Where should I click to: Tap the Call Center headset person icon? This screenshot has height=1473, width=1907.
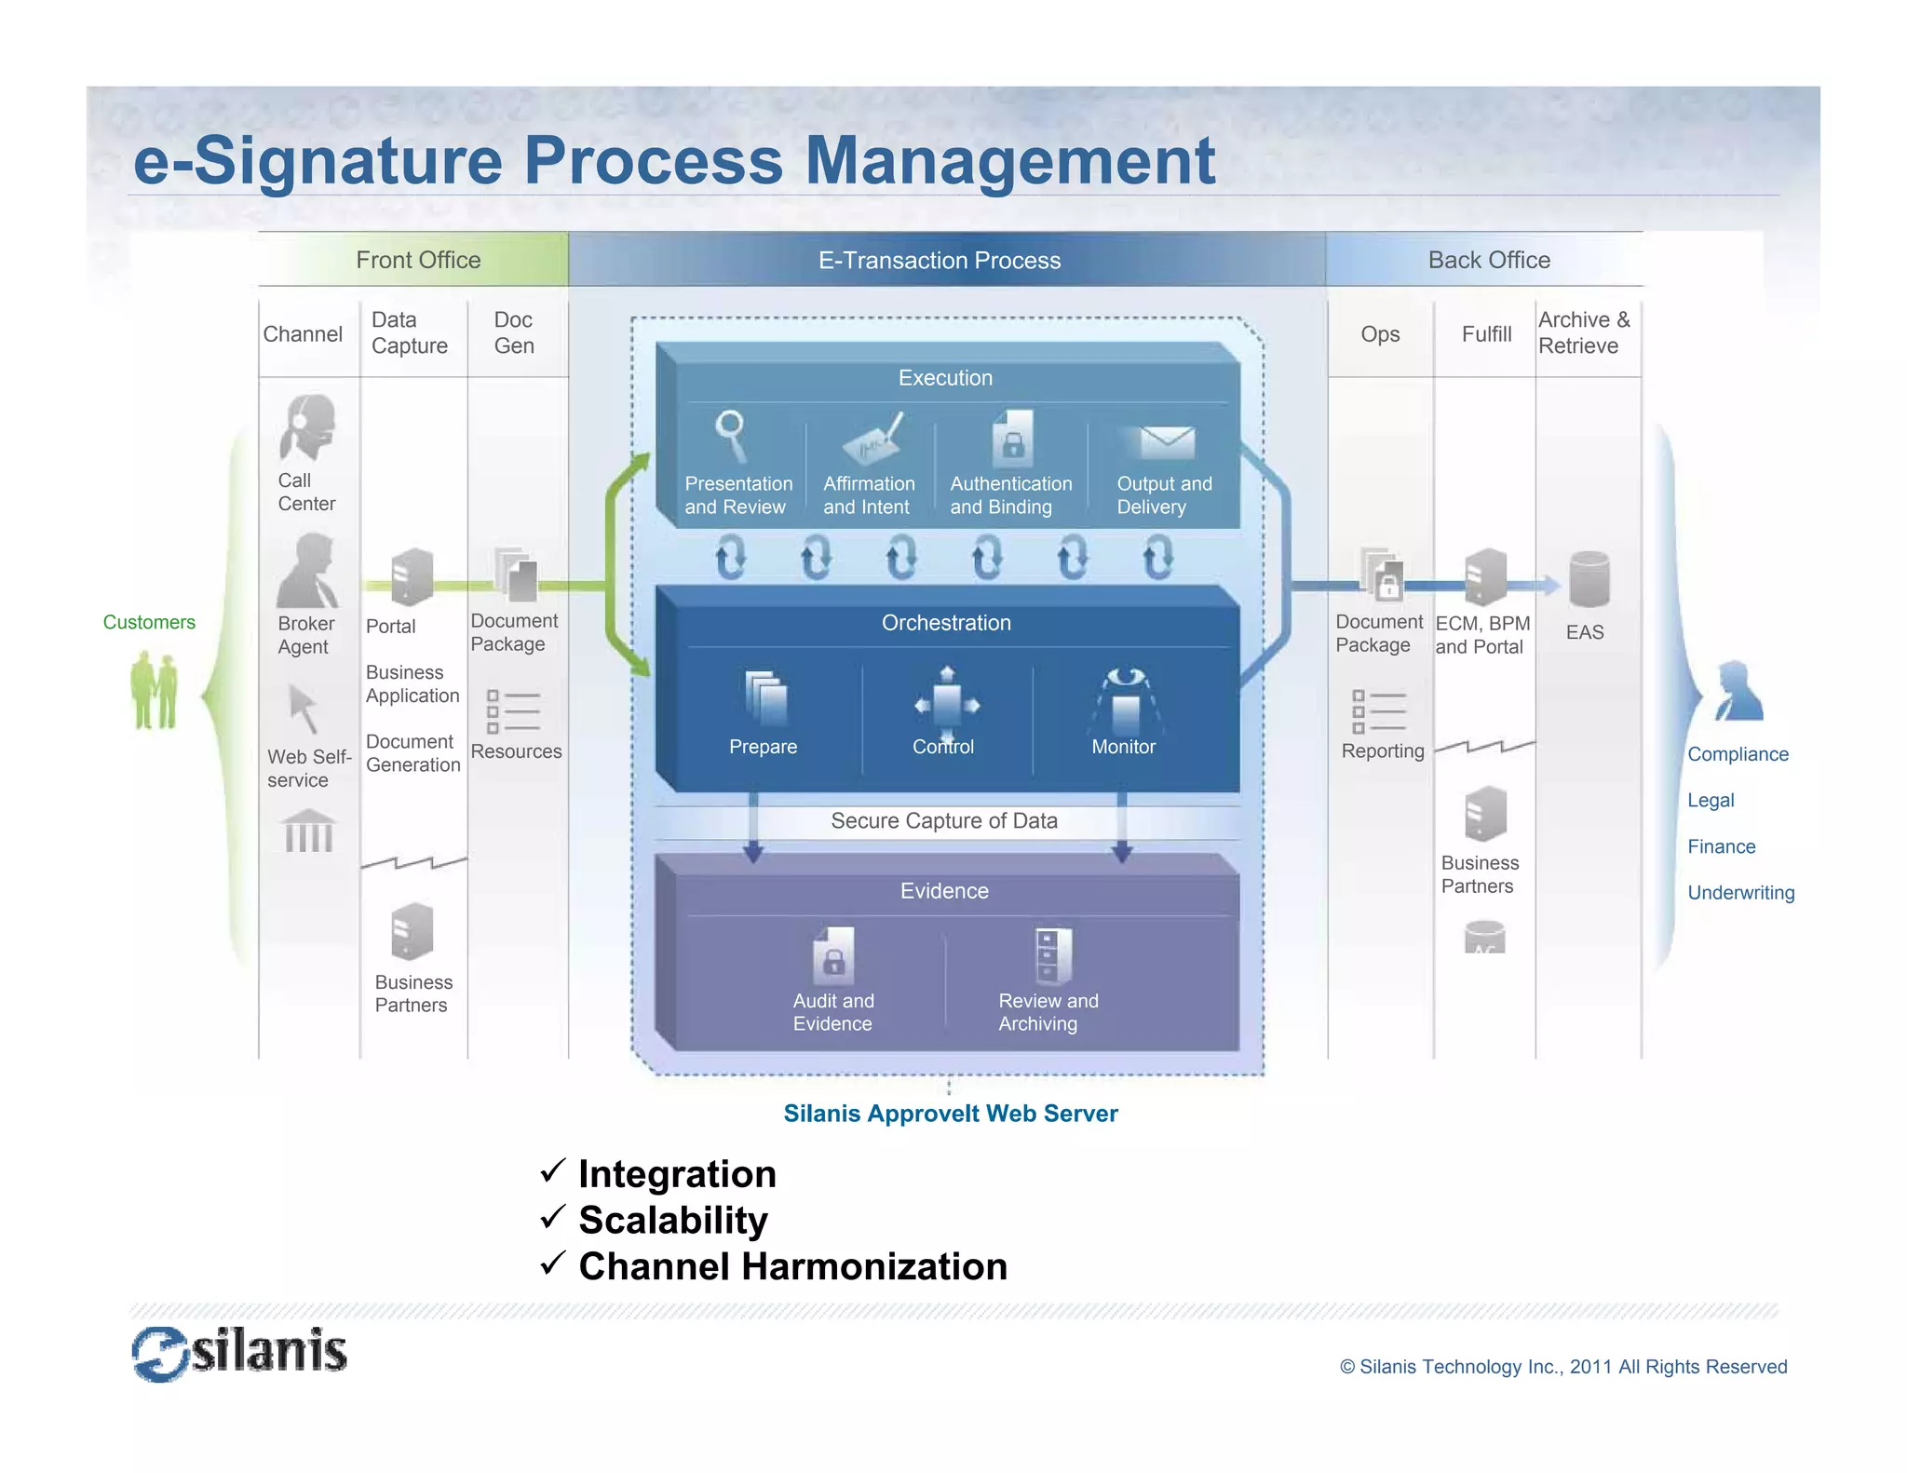pyautogui.click(x=307, y=427)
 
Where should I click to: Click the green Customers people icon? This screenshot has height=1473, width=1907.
pyautogui.click(x=154, y=690)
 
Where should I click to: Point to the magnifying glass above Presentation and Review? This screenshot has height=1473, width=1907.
pyautogui.click(x=731, y=436)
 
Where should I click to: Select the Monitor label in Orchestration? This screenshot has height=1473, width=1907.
pyautogui.click(x=1123, y=747)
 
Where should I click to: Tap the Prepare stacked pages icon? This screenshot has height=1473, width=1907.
pyautogui.click(x=766, y=697)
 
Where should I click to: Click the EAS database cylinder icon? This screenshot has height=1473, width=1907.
pyautogui.click(x=1589, y=579)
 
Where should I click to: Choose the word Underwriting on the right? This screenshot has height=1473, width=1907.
pyautogui.click(x=1740, y=892)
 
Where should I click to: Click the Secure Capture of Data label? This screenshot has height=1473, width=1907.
pyautogui.click(x=943, y=820)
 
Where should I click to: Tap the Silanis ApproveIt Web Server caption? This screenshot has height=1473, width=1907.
pyautogui.click(x=950, y=1113)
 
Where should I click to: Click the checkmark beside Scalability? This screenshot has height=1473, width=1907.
pyautogui.click(x=552, y=1216)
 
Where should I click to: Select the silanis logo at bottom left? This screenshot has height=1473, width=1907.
pyautogui.click(x=240, y=1353)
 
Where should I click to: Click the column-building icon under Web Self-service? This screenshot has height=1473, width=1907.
pyautogui.click(x=308, y=831)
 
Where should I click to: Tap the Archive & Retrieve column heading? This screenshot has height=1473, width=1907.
pyautogui.click(x=1584, y=332)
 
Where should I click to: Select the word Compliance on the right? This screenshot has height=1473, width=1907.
pyautogui.click(x=1738, y=754)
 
